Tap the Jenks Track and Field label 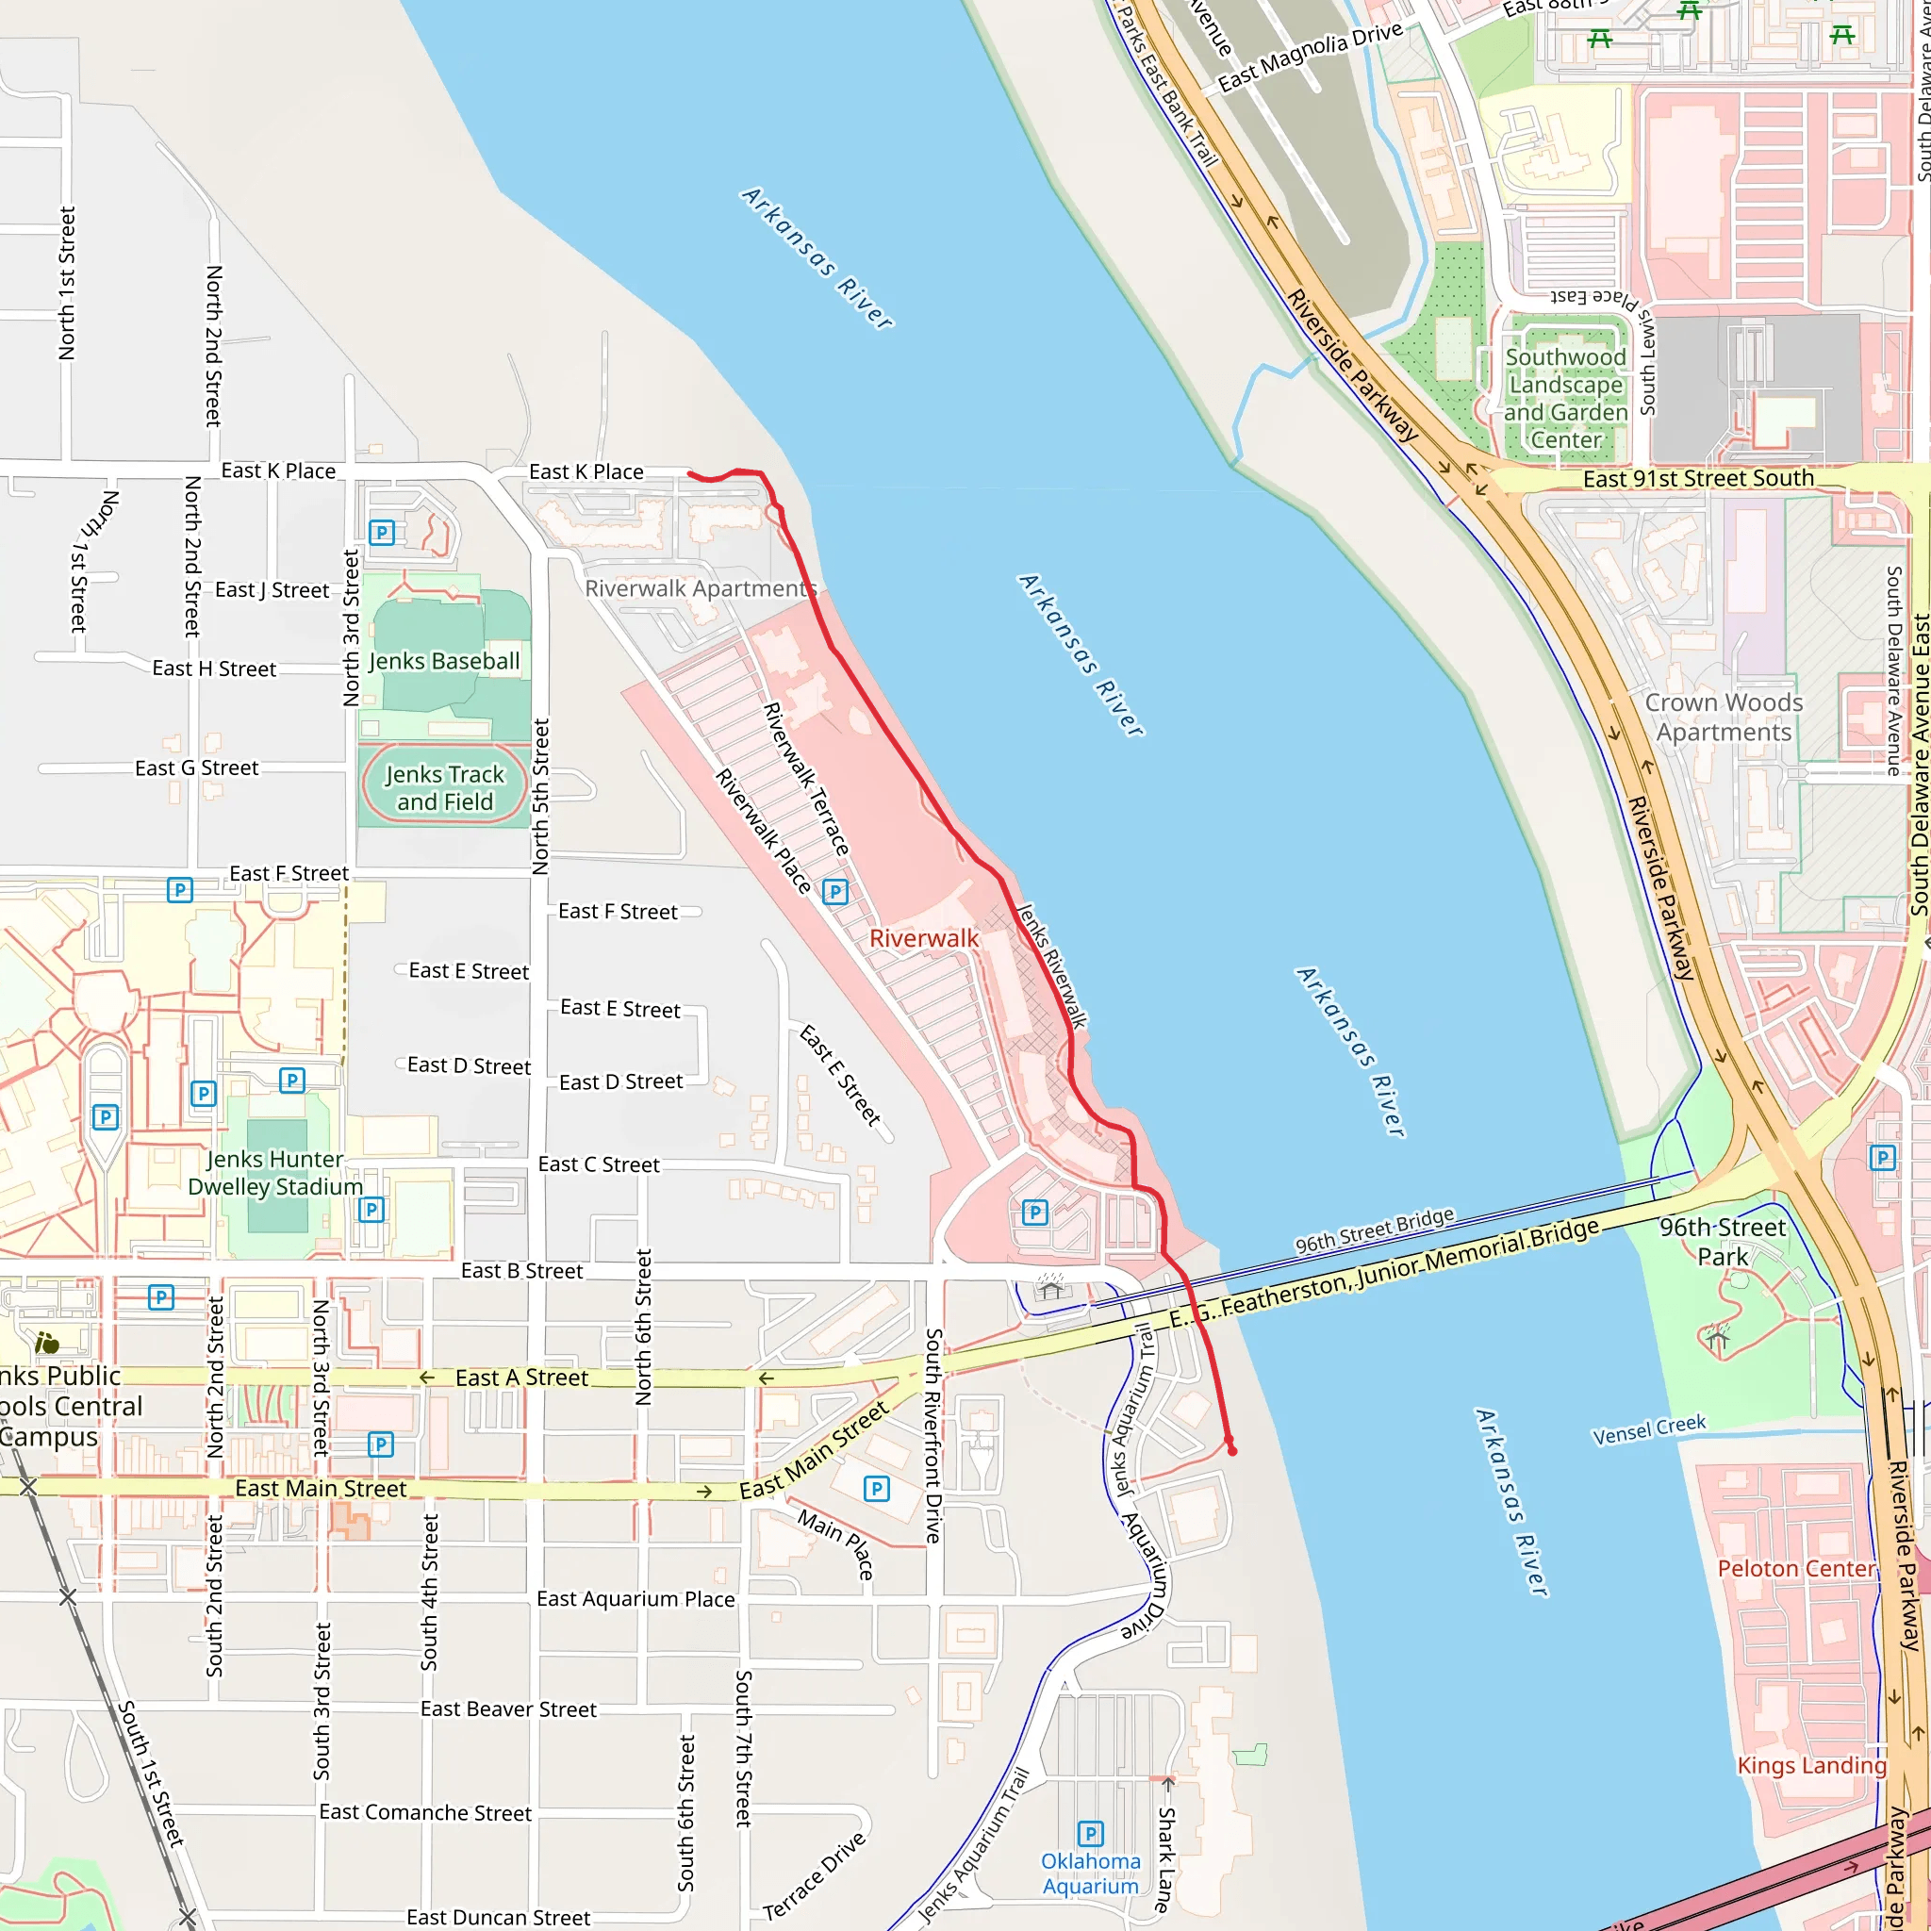tap(445, 787)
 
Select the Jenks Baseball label tap(445, 661)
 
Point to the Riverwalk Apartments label tap(700, 587)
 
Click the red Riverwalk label tap(923, 937)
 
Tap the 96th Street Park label tap(1722, 1242)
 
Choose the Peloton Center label tap(1795, 1568)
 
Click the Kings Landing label tap(1811, 1765)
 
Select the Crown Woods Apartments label tap(1725, 717)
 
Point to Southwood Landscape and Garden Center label tap(1566, 398)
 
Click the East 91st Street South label tap(1698, 478)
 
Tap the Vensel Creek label tap(1649, 1429)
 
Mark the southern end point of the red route tap(1231, 1450)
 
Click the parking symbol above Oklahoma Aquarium tap(1091, 1833)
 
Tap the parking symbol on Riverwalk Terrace tap(835, 892)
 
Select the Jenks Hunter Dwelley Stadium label tap(275, 1172)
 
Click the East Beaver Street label tap(508, 1709)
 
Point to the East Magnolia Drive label tap(1310, 56)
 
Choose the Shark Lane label tap(1165, 1858)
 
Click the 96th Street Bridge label tap(1375, 1230)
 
